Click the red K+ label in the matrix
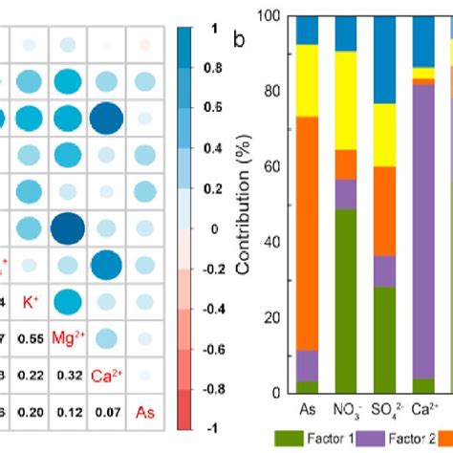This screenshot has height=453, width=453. pos(30,302)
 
